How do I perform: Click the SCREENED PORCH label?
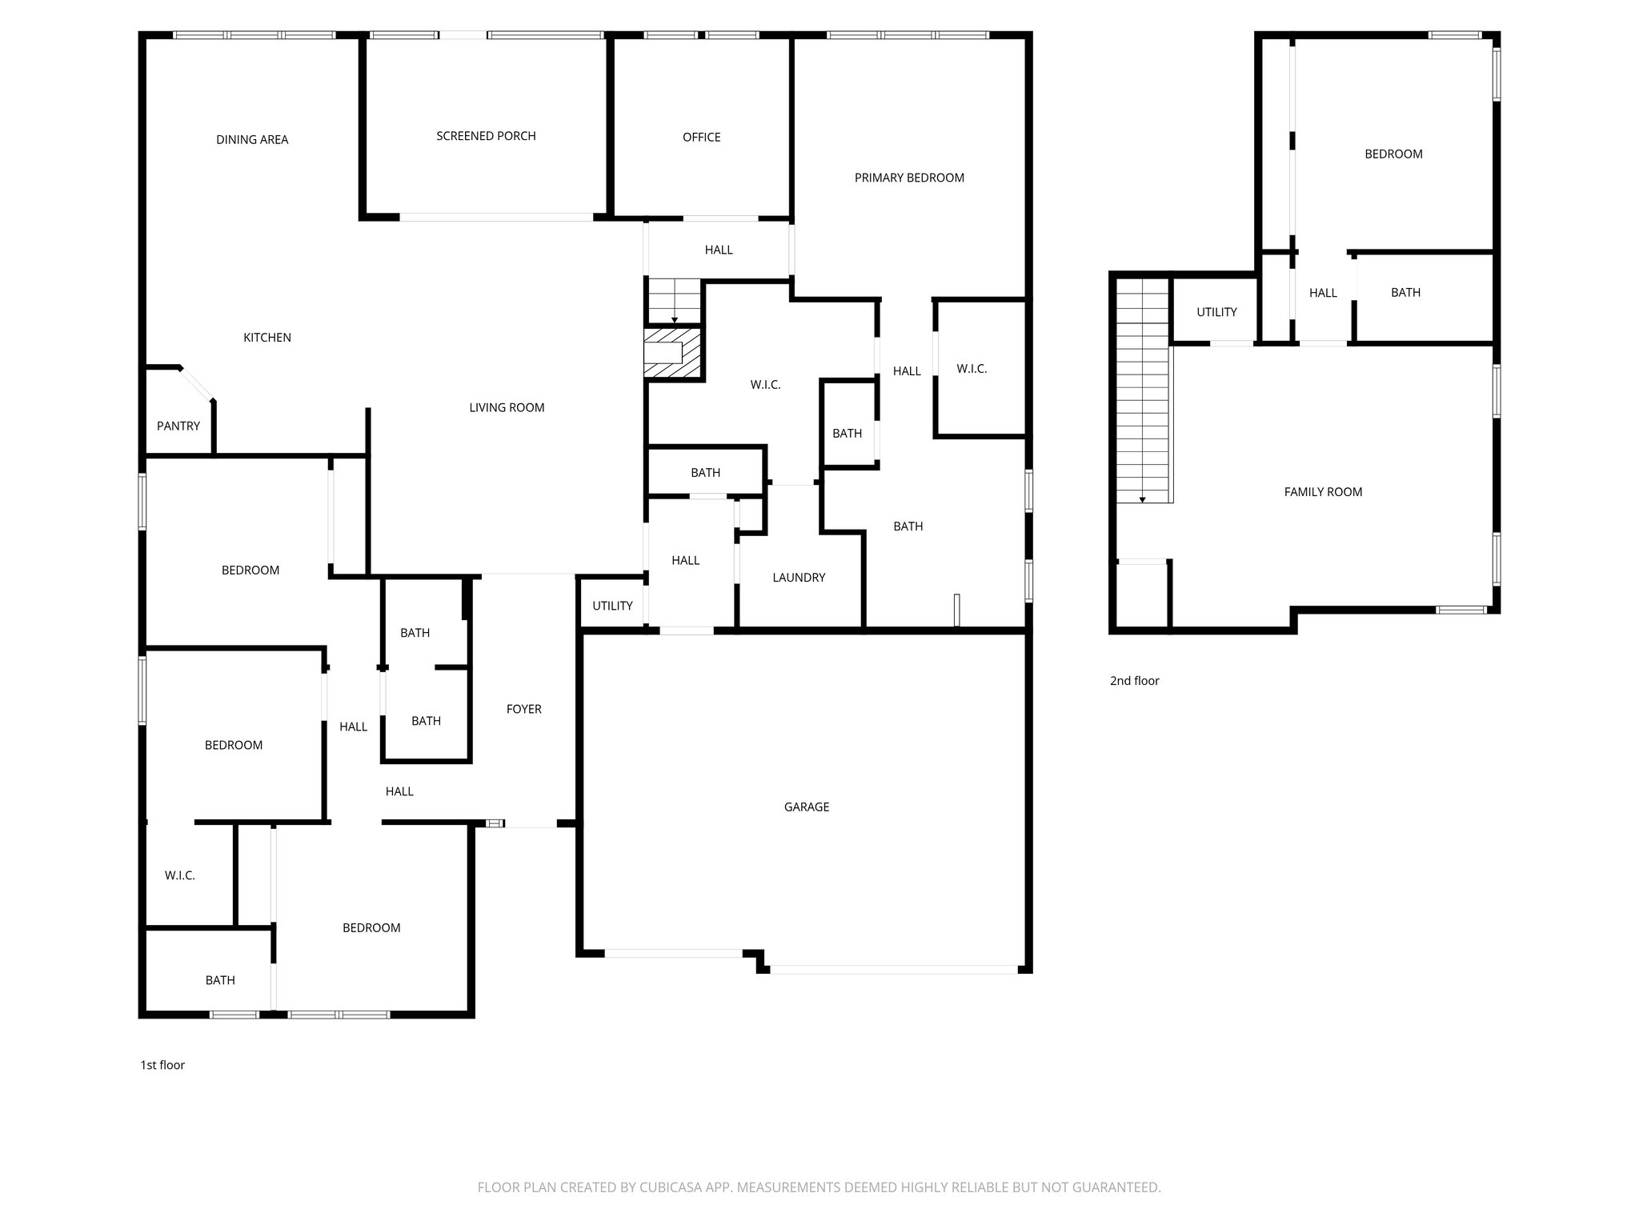tap(486, 136)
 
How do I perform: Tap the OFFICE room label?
tap(701, 138)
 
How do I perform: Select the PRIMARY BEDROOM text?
tap(909, 178)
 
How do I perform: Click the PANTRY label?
tap(178, 426)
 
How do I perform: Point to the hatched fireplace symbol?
tap(673, 353)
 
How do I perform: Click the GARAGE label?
tap(806, 807)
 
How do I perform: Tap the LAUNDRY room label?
tap(798, 578)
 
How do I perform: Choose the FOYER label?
tap(523, 709)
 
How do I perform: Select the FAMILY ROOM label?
tap(1323, 492)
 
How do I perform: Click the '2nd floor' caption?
tap(1134, 681)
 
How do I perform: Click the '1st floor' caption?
tap(162, 1065)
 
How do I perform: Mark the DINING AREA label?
tap(252, 139)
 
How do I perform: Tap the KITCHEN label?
tap(266, 338)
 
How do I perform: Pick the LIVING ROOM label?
tap(507, 407)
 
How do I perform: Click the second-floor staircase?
tap(1144, 392)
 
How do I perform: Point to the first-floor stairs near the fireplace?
tap(674, 301)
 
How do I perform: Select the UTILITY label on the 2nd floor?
tap(1216, 312)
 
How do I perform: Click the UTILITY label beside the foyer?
tap(612, 606)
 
